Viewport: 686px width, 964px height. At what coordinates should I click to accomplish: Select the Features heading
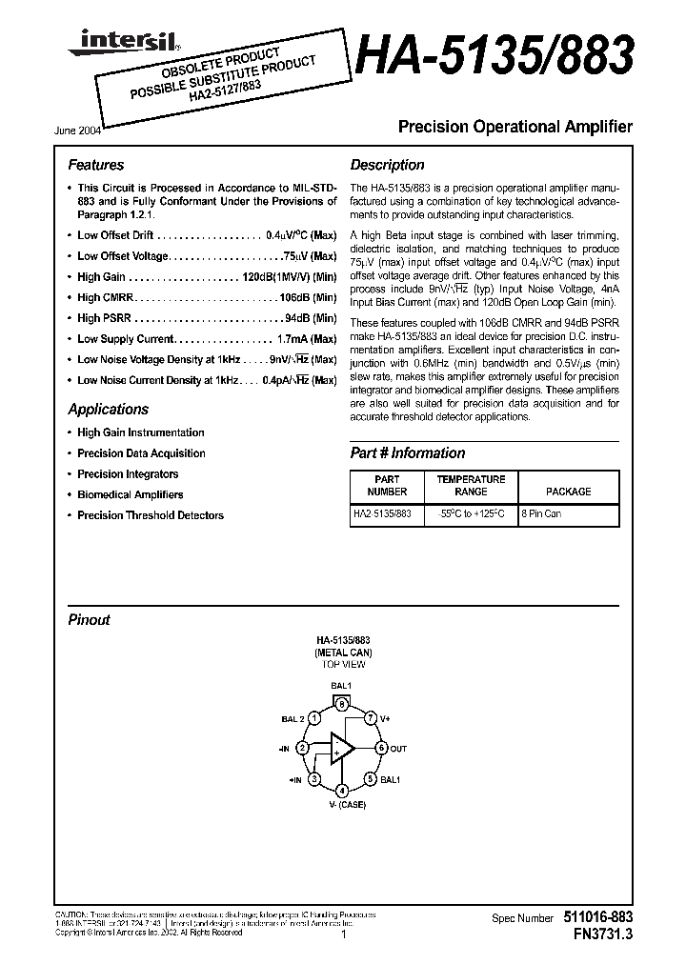(95, 165)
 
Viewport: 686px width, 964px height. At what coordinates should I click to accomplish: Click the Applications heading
(108, 410)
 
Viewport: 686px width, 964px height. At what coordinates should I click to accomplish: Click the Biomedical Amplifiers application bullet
(130, 494)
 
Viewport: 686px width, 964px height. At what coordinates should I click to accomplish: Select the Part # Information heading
(408, 453)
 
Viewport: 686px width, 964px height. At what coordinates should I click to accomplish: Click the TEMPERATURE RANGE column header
(471, 486)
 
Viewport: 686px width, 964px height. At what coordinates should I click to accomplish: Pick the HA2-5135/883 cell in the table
(383, 512)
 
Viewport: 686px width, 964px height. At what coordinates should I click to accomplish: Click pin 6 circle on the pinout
(381, 749)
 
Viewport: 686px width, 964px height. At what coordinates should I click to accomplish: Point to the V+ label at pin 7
(386, 716)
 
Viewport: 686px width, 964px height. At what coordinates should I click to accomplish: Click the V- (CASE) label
(341, 806)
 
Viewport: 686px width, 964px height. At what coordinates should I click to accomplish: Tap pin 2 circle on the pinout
(302, 749)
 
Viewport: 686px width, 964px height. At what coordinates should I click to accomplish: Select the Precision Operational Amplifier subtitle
(514, 127)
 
